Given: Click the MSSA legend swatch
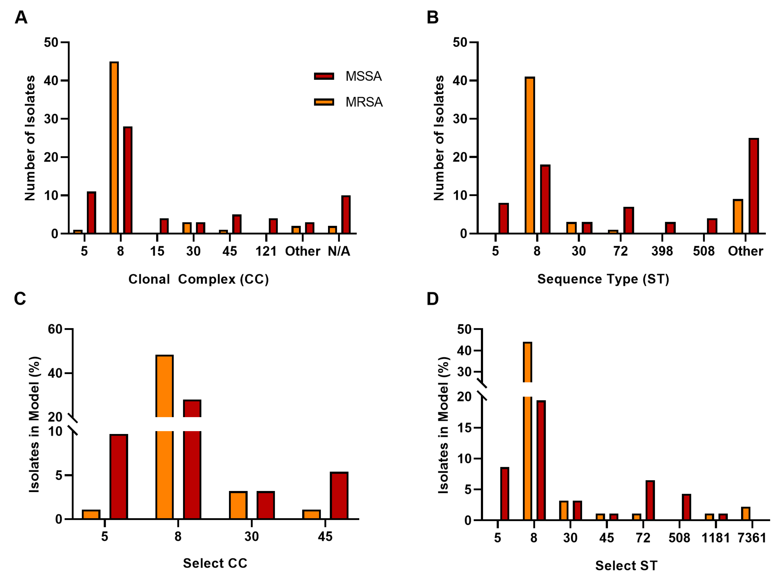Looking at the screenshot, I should pyautogui.click(x=324, y=76).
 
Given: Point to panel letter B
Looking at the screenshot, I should pyautogui.click(x=432, y=17).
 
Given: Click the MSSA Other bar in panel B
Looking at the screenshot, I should pyautogui.click(x=753, y=186).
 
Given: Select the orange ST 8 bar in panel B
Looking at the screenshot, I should pyautogui.click(x=530, y=155).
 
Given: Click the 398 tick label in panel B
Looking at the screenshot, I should pyautogui.click(x=662, y=251).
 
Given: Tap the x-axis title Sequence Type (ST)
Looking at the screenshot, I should pyautogui.click(x=603, y=279).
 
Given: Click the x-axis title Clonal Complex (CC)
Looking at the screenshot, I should pyautogui.click(x=198, y=279).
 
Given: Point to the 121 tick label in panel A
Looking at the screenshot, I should pyautogui.click(x=266, y=251).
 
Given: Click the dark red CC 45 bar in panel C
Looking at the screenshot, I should pyautogui.click(x=339, y=496).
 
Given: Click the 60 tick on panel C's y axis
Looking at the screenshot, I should pyautogui.click(x=55, y=329).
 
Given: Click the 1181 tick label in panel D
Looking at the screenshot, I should pyautogui.click(x=715, y=538).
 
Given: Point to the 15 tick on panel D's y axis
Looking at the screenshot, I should pyautogui.click(x=464, y=428).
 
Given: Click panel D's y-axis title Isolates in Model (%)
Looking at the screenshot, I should pyautogui.click(x=443, y=425).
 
